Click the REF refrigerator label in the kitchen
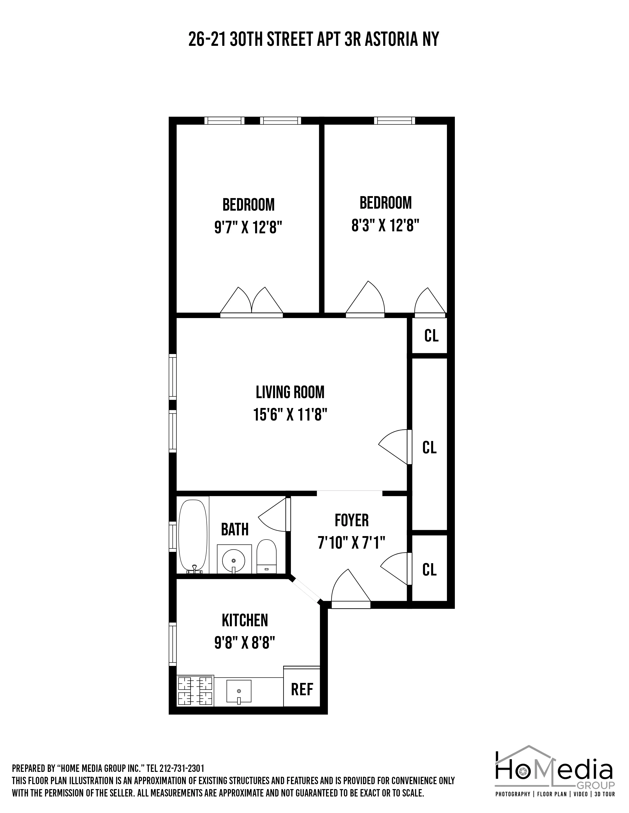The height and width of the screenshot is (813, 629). point(302,689)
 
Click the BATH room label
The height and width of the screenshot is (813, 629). point(235,529)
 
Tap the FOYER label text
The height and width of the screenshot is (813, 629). point(351,520)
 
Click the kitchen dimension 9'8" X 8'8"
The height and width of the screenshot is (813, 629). point(245,643)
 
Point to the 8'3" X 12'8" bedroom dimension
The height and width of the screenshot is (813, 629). point(385,225)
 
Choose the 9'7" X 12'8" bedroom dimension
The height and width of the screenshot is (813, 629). point(248,227)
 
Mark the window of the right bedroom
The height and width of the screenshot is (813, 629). point(394,121)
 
